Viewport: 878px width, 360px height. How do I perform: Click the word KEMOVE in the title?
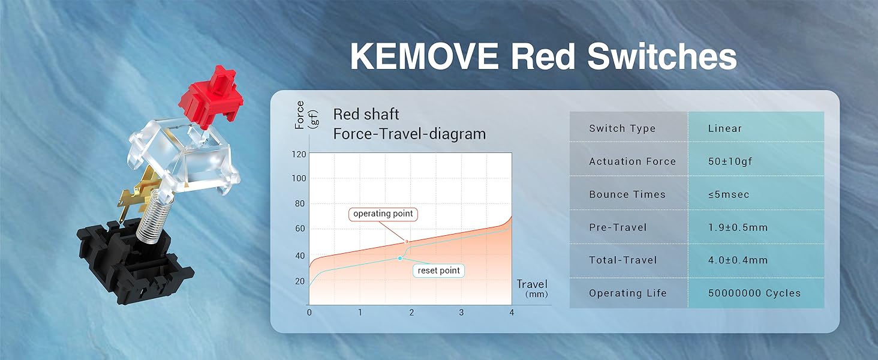(424, 56)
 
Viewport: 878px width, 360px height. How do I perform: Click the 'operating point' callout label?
(383, 214)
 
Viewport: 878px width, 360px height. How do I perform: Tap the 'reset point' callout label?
(438, 271)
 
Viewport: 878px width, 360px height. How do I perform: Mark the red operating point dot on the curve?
(407, 242)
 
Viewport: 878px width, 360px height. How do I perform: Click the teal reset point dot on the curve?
(400, 258)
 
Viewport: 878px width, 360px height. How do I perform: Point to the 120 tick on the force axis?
(299, 154)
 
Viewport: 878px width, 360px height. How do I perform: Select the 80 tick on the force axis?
(300, 203)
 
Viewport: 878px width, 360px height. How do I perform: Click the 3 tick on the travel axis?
(461, 313)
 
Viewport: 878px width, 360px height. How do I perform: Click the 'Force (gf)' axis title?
(306, 115)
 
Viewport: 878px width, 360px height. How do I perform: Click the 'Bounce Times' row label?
(627, 194)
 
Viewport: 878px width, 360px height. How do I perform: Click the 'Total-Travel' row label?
(623, 260)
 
